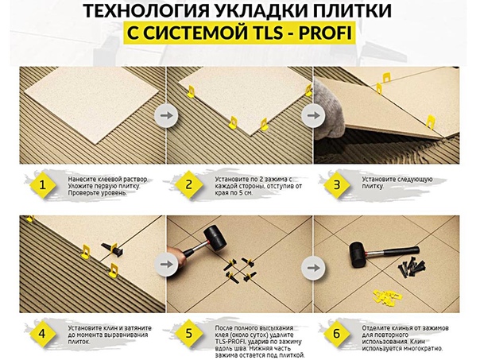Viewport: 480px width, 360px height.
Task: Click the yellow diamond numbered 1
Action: click(x=42, y=185)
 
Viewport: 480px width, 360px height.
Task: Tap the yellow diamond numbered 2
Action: click(x=189, y=185)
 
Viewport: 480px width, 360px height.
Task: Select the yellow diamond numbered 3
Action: click(x=336, y=185)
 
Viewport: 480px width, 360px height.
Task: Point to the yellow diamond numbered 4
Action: click(x=42, y=334)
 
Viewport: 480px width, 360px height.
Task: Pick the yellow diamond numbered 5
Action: click(x=189, y=334)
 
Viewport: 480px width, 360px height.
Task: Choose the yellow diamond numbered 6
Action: click(x=336, y=334)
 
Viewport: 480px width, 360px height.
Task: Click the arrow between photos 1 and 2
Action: click(x=166, y=115)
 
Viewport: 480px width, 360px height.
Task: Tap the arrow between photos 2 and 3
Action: click(x=313, y=116)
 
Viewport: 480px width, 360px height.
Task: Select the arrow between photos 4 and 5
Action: click(x=166, y=264)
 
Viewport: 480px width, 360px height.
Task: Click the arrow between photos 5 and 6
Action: click(x=313, y=268)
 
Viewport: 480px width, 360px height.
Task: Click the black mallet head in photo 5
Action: click(x=216, y=238)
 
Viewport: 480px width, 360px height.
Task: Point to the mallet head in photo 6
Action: click(x=358, y=254)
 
